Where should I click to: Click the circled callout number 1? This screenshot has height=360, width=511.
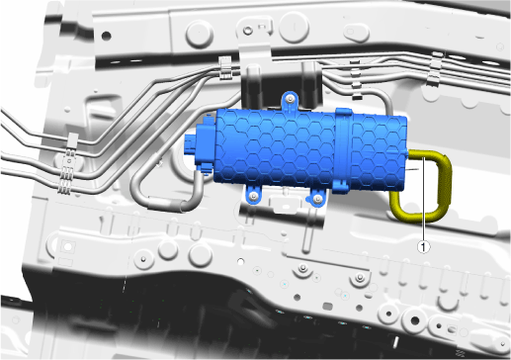pos(424,246)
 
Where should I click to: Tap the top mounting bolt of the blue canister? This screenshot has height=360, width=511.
pos(290,99)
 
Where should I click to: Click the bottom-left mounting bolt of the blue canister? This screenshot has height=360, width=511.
pos(253,197)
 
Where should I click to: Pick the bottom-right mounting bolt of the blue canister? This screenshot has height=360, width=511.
pos(317,198)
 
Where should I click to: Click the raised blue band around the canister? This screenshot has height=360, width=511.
pos(343,150)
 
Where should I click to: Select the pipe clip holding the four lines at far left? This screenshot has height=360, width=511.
pos(68,165)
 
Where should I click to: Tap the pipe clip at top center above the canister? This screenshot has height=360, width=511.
pos(225,67)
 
